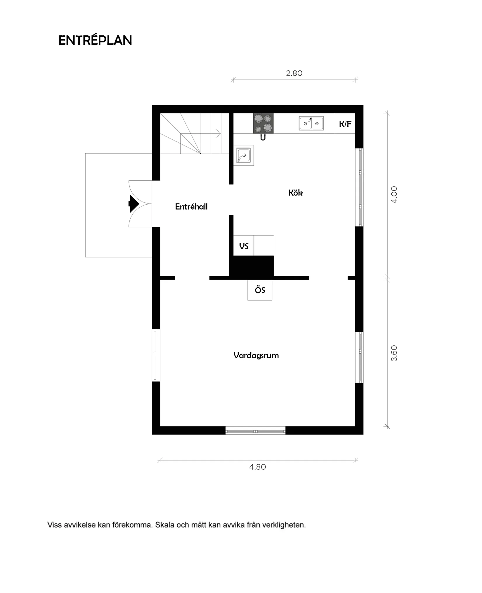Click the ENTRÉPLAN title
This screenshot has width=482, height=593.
click(x=95, y=40)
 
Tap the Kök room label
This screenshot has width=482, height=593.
click(x=295, y=193)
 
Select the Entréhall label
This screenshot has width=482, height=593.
click(x=191, y=207)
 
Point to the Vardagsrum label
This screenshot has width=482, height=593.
click(x=256, y=355)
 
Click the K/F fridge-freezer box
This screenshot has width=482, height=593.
click(x=345, y=124)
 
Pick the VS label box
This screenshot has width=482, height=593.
click(x=244, y=246)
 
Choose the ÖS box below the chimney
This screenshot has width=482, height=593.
click(x=260, y=290)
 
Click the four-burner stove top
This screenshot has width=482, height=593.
click(x=263, y=123)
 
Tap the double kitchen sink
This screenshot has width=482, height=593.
click(x=311, y=123)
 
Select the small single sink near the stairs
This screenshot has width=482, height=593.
click(x=243, y=155)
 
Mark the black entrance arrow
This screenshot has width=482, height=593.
click(x=133, y=204)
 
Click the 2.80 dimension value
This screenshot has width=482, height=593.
click(x=294, y=73)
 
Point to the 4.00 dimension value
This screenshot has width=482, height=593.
click(x=394, y=195)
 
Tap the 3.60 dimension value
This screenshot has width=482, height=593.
click(x=394, y=353)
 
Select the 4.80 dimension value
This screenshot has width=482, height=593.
click(x=258, y=467)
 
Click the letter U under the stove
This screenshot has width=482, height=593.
click(x=263, y=138)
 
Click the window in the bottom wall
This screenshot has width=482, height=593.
click(x=256, y=431)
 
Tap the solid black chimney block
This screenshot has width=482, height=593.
click(x=252, y=267)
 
